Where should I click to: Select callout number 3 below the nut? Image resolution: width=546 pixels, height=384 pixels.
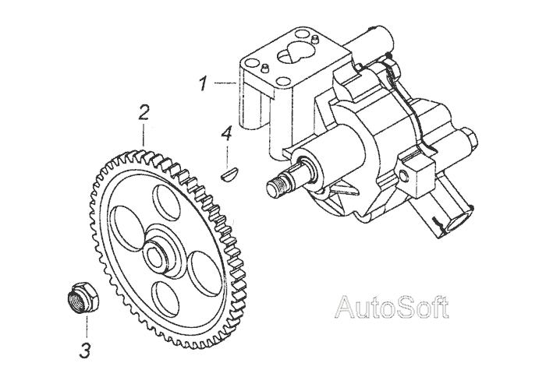(84, 350)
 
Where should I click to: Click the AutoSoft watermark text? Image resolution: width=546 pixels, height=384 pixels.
(392, 308)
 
